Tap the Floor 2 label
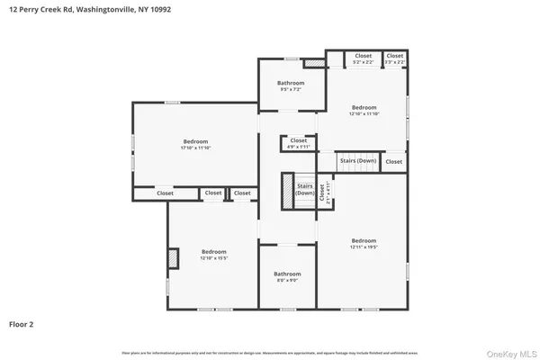[x=22, y=323]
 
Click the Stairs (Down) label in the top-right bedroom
[x=357, y=161]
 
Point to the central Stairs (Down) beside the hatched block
[x=305, y=190]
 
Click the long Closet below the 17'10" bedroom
[x=166, y=193]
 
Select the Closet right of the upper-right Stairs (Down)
[x=393, y=161]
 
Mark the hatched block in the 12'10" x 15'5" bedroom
[x=173, y=258]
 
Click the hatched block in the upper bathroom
[x=312, y=64]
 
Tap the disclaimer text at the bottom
[x=269, y=352]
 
